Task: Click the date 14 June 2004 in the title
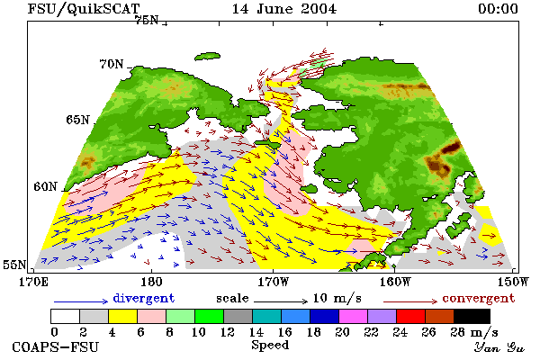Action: tap(284, 9)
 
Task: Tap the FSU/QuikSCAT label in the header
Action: tap(84, 9)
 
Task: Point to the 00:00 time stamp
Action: tap(498, 9)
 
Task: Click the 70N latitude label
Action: tap(112, 64)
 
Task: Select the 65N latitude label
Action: tap(77, 120)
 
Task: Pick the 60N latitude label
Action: tap(45, 186)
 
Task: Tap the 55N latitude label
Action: tap(14, 265)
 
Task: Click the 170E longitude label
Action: tap(34, 282)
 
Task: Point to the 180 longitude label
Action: tap(151, 282)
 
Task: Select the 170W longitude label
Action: tap(274, 282)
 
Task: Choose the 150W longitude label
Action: tap(512, 282)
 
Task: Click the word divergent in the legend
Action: tap(144, 298)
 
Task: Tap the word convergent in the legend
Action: tap(479, 298)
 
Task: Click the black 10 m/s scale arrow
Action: tap(281, 301)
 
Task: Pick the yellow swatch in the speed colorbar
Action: tap(123, 316)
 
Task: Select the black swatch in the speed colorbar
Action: tap(472, 316)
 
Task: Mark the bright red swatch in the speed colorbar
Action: tap(411, 316)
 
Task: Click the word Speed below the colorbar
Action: tap(270, 345)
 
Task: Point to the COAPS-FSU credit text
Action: tap(56, 346)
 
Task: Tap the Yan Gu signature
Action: tap(499, 347)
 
